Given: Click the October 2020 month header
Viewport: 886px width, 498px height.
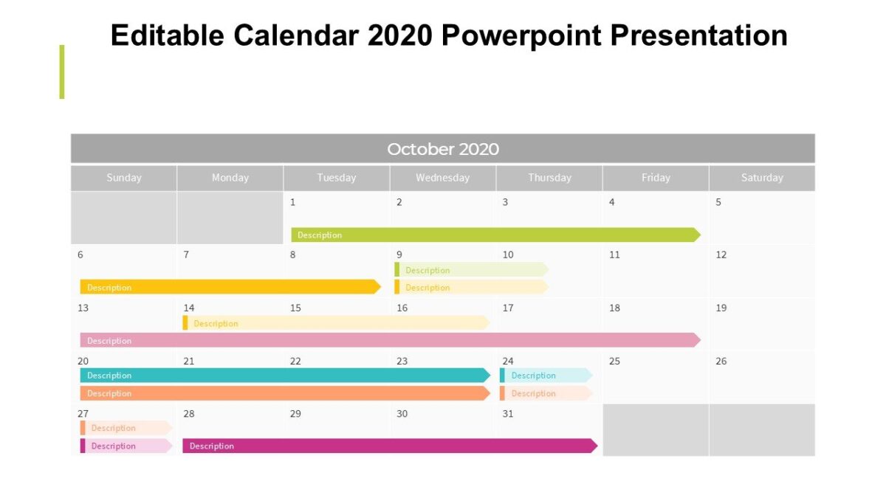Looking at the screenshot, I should pos(443,149).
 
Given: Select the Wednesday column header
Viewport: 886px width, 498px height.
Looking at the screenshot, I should pos(442,178).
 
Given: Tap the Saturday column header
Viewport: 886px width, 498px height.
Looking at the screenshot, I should pos(762,178).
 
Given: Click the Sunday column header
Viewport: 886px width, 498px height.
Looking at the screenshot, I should pos(124,178).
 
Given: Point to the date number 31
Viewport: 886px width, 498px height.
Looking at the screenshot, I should pos(508,414).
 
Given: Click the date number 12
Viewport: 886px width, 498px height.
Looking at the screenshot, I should pos(721,255).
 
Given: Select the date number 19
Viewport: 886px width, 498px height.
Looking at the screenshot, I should pos(721,308).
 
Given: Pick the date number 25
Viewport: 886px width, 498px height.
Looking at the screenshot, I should pos(614,362).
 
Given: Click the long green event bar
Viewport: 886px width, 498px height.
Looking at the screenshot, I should pos(495,235).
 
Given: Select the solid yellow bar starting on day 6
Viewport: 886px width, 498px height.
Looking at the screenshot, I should pos(229,287).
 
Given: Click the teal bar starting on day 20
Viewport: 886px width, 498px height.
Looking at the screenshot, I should pos(284,376).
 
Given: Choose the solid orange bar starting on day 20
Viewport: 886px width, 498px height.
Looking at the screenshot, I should pos(284,393).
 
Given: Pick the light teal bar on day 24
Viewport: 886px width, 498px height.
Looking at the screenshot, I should pos(546,376).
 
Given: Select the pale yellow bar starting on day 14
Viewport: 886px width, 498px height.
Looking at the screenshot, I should pos(336,323).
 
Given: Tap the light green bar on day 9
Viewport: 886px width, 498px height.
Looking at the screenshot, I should pos(471,270).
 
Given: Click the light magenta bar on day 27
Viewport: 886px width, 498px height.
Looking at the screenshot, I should pos(126,446).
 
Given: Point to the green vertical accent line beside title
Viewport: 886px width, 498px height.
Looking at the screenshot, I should pos(62,72).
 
